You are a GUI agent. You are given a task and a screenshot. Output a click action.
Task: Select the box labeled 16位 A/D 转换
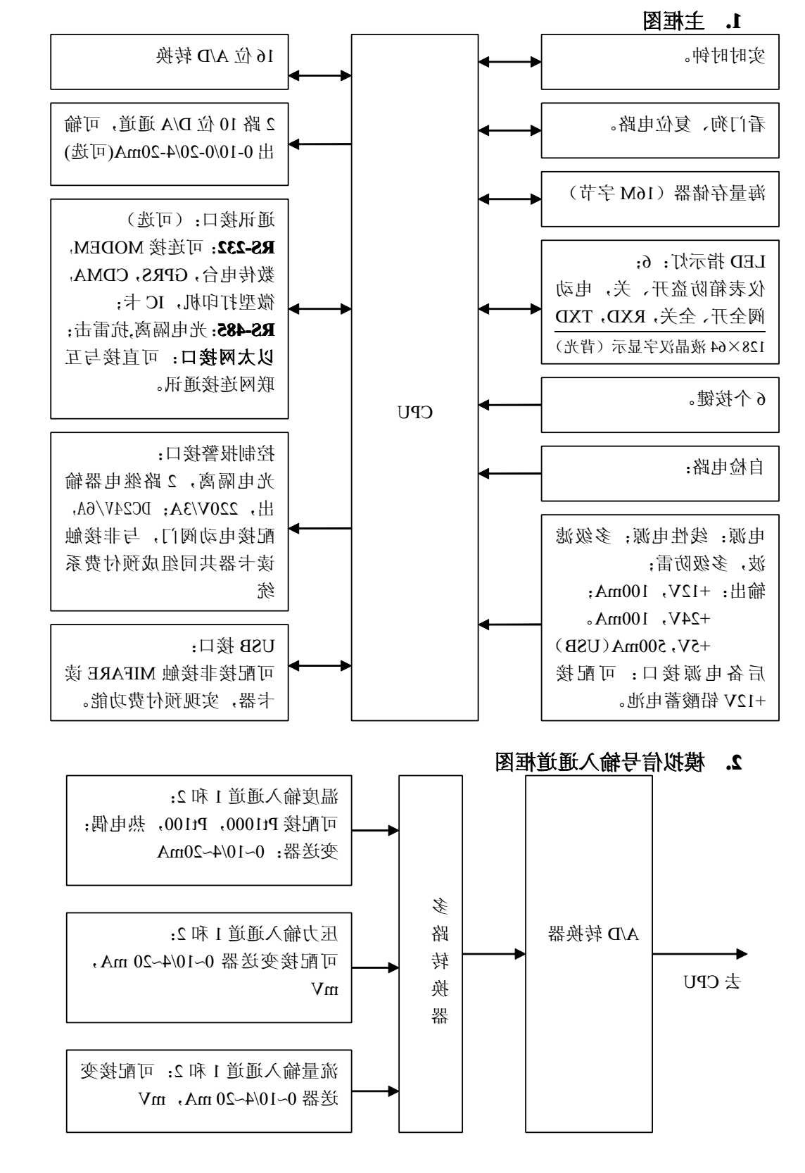170,62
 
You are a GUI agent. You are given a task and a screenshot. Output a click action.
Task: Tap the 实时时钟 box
659,62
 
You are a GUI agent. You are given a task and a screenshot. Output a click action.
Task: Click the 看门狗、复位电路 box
659,130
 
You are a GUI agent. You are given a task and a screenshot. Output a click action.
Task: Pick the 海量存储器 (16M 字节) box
659,199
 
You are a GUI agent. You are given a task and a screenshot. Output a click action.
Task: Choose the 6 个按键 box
659,405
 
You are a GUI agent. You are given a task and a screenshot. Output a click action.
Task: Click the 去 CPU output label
712,981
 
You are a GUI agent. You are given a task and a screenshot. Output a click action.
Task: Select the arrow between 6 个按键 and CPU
509,405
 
